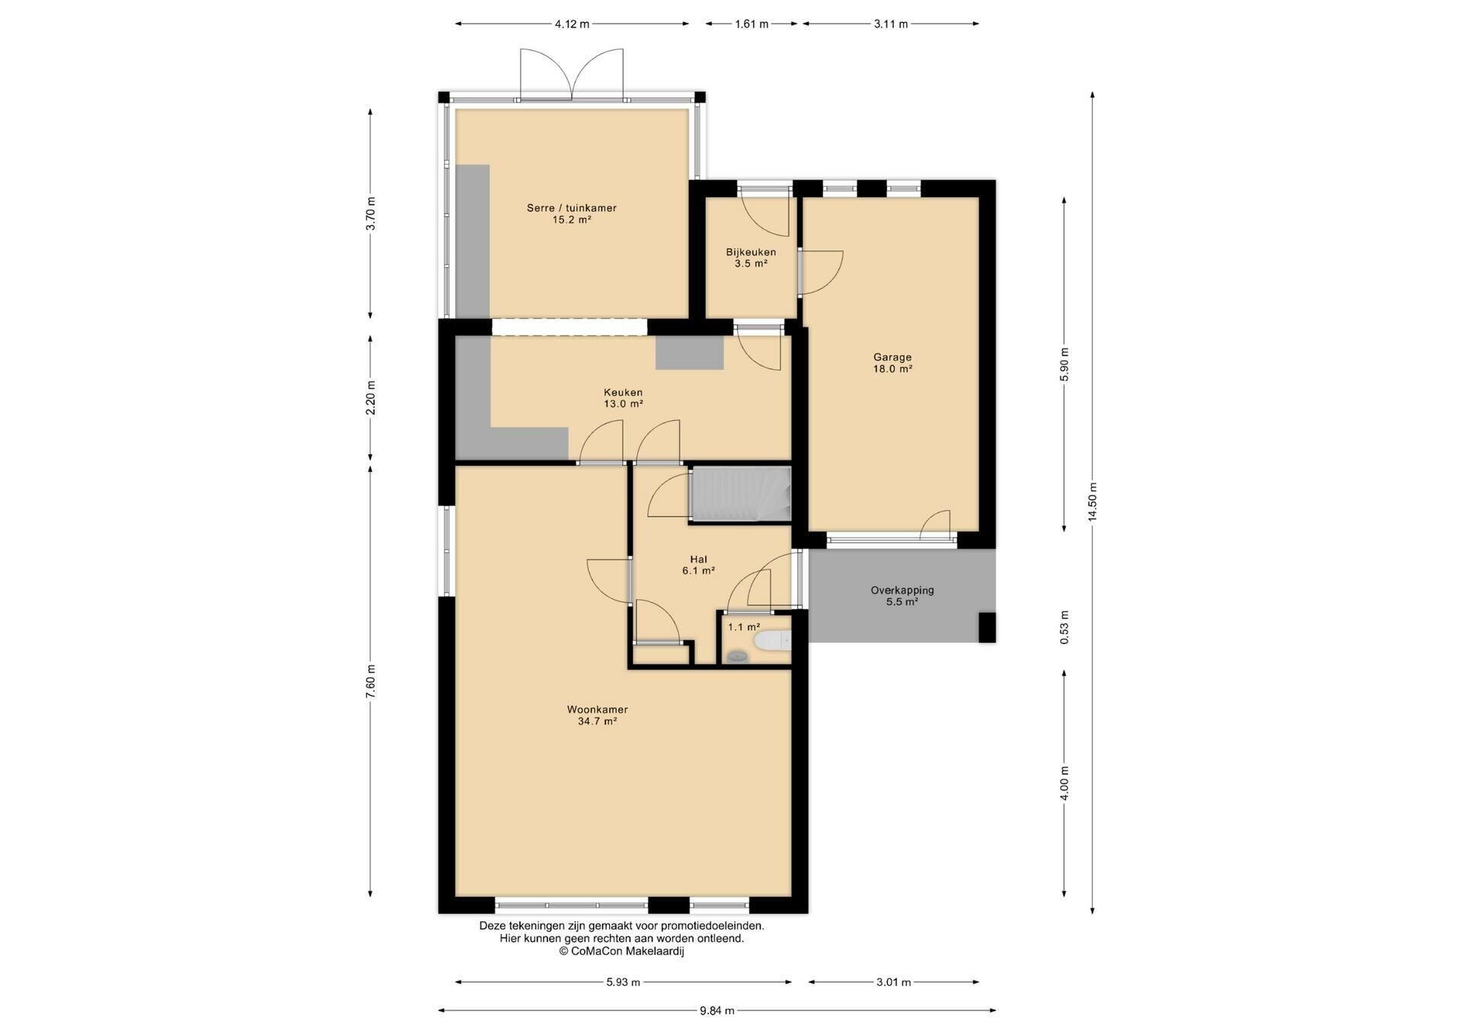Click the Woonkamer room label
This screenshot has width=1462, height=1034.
[x=597, y=715]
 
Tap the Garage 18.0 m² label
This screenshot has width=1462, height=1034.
[x=892, y=362]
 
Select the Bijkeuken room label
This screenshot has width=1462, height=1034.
[x=751, y=257]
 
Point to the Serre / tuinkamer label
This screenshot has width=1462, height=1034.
[x=572, y=213]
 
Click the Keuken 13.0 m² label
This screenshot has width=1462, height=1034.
[x=623, y=397]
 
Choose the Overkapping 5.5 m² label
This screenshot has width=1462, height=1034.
[x=902, y=595]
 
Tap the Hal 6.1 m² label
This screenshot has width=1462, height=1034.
[x=698, y=564]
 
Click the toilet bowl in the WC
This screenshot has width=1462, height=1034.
[x=772, y=641]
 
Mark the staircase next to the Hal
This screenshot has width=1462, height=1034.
[x=740, y=495]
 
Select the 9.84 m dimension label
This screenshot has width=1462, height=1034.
[x=717, y=1010]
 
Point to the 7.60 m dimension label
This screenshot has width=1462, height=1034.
[x=370, y=681]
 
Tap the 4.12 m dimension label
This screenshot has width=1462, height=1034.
[x=572, y=24]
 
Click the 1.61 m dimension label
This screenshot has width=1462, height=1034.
[x=752, y=24]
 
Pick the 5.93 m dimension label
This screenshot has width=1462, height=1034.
[x=623, y=982]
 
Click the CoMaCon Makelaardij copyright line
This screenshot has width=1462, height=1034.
[x=621, y=951]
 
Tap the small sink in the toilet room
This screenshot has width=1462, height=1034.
[x=736, y=656]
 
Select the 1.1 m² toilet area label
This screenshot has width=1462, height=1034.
[x=744, y=627]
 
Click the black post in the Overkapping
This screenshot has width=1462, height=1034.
[x=987, y=627]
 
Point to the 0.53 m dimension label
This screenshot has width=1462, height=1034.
[x=1065, y=627]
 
